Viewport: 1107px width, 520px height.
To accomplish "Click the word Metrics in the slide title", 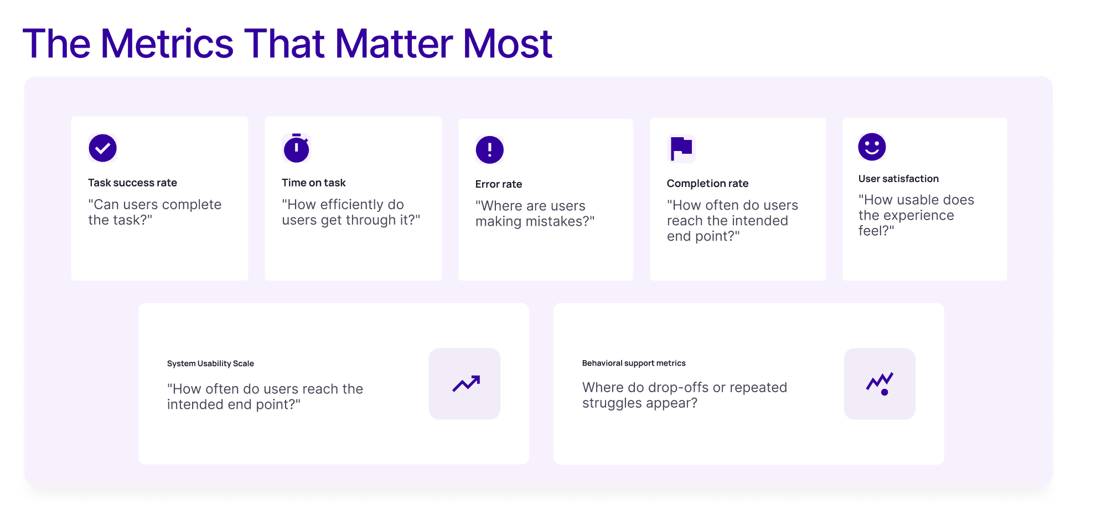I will (x=167, y=44).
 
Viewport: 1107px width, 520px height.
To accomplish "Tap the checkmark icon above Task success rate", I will (x=102, y=148).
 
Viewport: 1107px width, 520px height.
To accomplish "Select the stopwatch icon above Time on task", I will (x=296, y=148).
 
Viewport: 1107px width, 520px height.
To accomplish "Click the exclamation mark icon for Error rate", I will (x=489, y=149).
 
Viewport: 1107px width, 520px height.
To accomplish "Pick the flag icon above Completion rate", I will (x=681, y=148).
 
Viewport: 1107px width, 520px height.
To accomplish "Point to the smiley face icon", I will (x=872, y=147).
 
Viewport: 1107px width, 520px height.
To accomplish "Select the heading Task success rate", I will (x=132, y=183).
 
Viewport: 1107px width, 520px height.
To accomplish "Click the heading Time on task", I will (x=313, y=183).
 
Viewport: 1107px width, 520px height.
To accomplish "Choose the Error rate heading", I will (x=498, y=184).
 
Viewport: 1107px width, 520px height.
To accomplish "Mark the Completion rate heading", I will (x=707, y=183).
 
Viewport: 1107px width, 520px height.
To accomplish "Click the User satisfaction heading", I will (x=898, y=179).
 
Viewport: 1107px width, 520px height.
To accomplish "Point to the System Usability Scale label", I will (x=210, y=363).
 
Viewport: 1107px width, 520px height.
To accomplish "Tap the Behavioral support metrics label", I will (x=634, y=363).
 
